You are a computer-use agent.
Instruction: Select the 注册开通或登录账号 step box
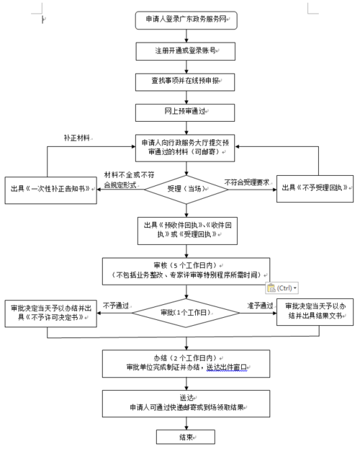[186, 52]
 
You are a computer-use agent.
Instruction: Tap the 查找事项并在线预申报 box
[186, 83]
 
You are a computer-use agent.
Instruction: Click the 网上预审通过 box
[186, 113]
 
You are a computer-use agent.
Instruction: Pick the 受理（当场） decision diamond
[186, 189]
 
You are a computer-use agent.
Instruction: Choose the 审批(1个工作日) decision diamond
[186, 312]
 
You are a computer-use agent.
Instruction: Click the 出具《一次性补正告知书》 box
[50, 189]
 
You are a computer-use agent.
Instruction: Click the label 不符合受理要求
[248, 182]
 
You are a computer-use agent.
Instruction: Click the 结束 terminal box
[186, 436]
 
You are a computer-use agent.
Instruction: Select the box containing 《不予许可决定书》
[50, 312]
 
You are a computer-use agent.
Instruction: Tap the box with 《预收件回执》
[186, 229]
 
